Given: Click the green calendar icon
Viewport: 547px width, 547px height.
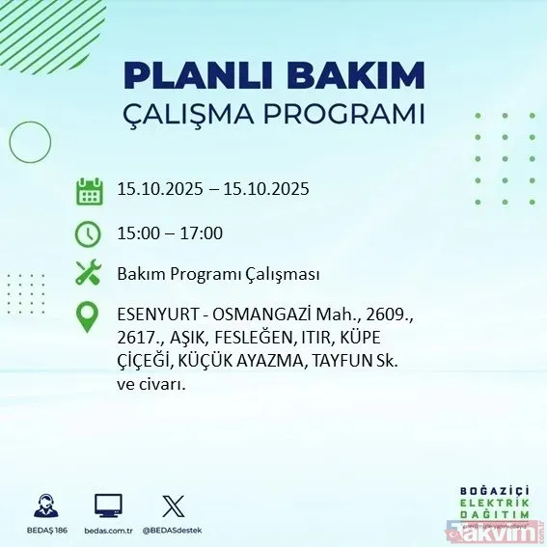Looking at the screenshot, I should click(x=89, y=190).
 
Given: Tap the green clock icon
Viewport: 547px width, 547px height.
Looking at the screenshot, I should click(x=89, y=233).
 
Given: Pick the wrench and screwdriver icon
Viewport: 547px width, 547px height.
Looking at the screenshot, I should click(x=89, y=274).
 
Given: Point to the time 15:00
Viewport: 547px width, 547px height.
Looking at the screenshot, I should click(x=137, y=232).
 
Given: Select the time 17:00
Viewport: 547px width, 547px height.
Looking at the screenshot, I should click(x=203, y=232).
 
